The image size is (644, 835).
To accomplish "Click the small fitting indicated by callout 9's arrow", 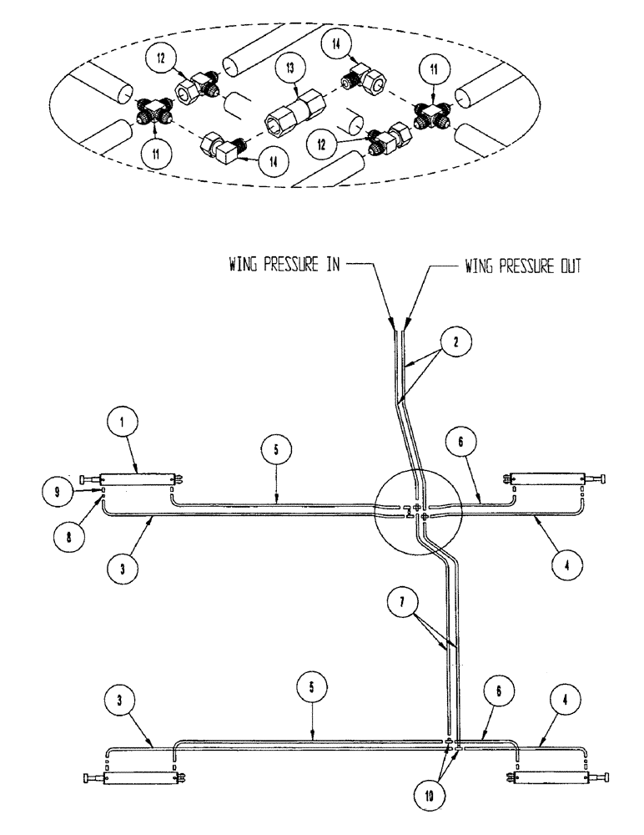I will [x=101, y=490].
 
